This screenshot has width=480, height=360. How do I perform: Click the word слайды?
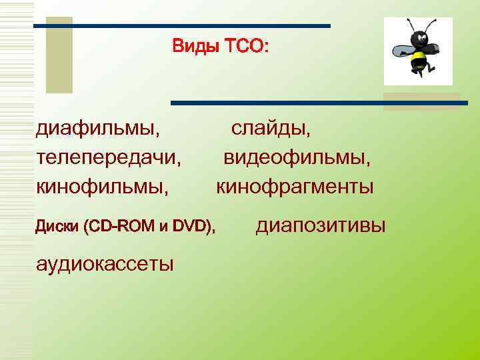(271, 127)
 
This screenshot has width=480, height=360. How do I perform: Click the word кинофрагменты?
(295, 187)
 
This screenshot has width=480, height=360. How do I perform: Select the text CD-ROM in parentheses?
(123, 227)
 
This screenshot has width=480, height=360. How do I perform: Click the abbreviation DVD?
(191, 227)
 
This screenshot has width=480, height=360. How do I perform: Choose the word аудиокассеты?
(105, 264)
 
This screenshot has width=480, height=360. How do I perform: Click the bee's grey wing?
(401, 50)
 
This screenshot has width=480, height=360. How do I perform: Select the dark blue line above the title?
(182, 26)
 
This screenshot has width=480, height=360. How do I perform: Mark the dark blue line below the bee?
(320, 103)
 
